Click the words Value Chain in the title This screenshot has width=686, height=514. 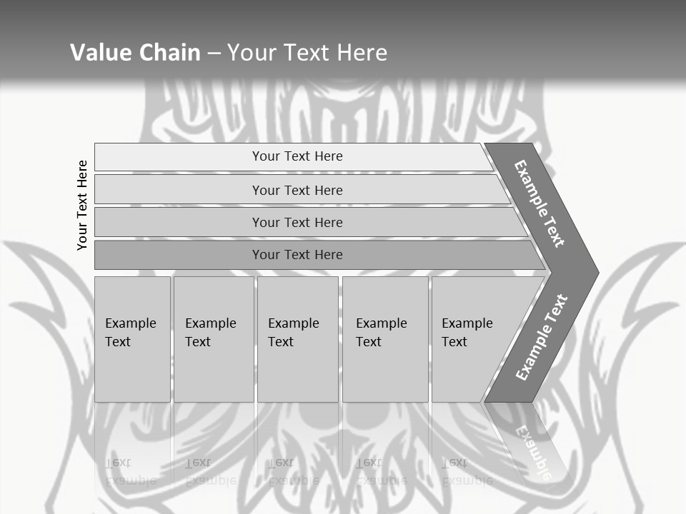[135, 52]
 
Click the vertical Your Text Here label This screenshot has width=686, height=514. [83, 205]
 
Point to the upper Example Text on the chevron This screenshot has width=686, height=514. [540, 203]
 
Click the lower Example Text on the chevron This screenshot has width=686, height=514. [542, 338]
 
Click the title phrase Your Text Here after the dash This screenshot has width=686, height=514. [307, 52]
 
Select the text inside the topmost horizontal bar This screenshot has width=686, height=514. [297, 156]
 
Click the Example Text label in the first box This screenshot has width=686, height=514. [130, 332]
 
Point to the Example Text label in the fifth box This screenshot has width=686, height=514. [467, 332]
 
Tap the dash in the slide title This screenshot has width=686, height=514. [214, 52]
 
